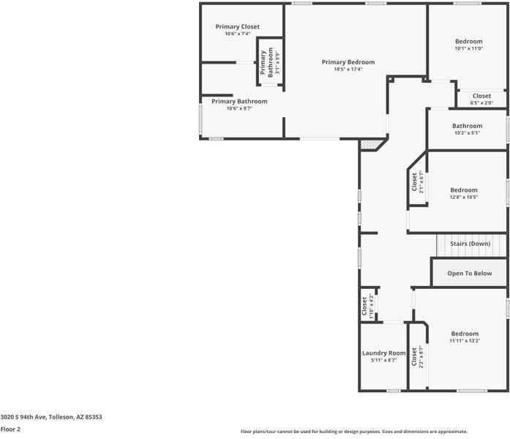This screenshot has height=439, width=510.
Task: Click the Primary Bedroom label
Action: [x=348, y=62]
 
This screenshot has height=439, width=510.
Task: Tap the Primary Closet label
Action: [x=237, y=26]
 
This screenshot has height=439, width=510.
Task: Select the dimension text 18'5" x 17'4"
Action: [x=348, y=70]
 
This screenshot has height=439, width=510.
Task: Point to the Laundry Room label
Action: [x=383, y=353]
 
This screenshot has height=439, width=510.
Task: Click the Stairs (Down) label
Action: [x=470, y=243]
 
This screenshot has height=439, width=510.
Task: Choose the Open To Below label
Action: [x=470, y=273]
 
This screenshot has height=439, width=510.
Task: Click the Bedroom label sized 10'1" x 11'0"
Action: [x=469, y=42]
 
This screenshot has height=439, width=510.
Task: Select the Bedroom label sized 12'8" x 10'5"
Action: [x=463, y=190]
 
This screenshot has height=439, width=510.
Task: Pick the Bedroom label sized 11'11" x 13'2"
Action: [x=464, y=333]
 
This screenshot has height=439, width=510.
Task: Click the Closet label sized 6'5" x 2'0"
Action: [x=481, y=96]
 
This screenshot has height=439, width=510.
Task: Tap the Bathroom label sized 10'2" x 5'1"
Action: [x=467, y=126]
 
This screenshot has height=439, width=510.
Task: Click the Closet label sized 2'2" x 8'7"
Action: [x=414, y=356]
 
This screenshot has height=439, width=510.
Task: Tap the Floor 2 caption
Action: [x=10, y=429]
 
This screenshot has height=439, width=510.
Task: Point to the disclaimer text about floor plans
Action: [x=354, y=432]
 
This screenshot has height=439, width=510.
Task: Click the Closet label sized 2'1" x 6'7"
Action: [x=414, y=182]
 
